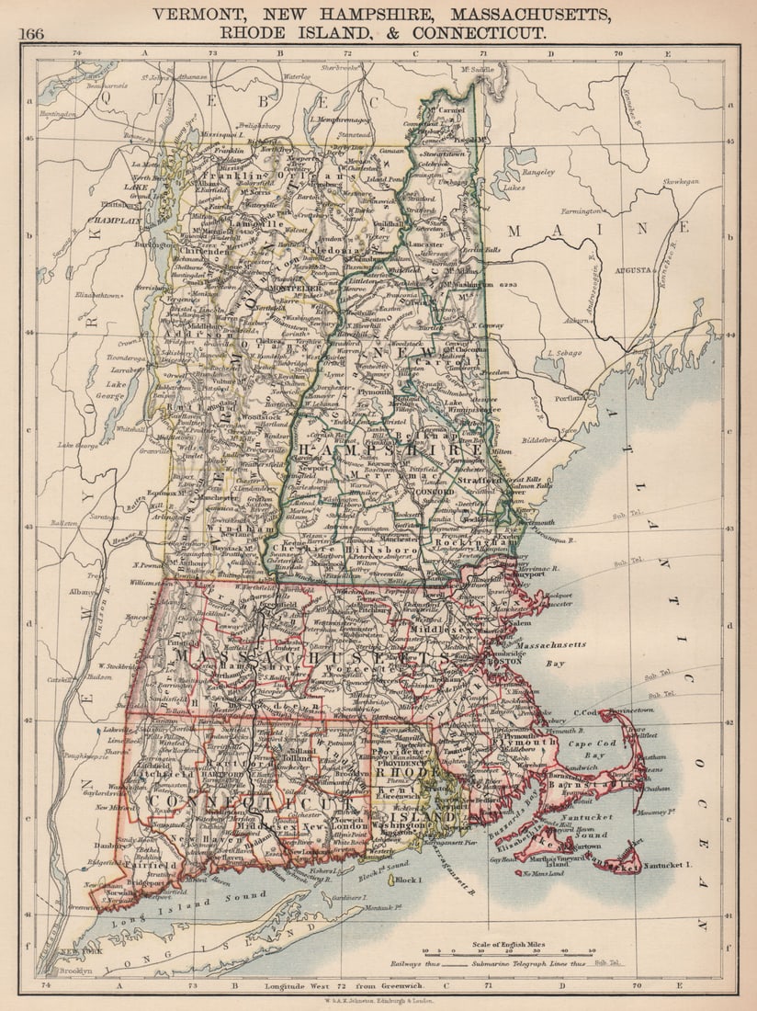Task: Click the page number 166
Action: (30, 34)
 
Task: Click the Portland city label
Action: (570, 397)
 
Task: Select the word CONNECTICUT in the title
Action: (479, 32)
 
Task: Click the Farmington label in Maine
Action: (610, 211)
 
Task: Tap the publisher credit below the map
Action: (379, 1003)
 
